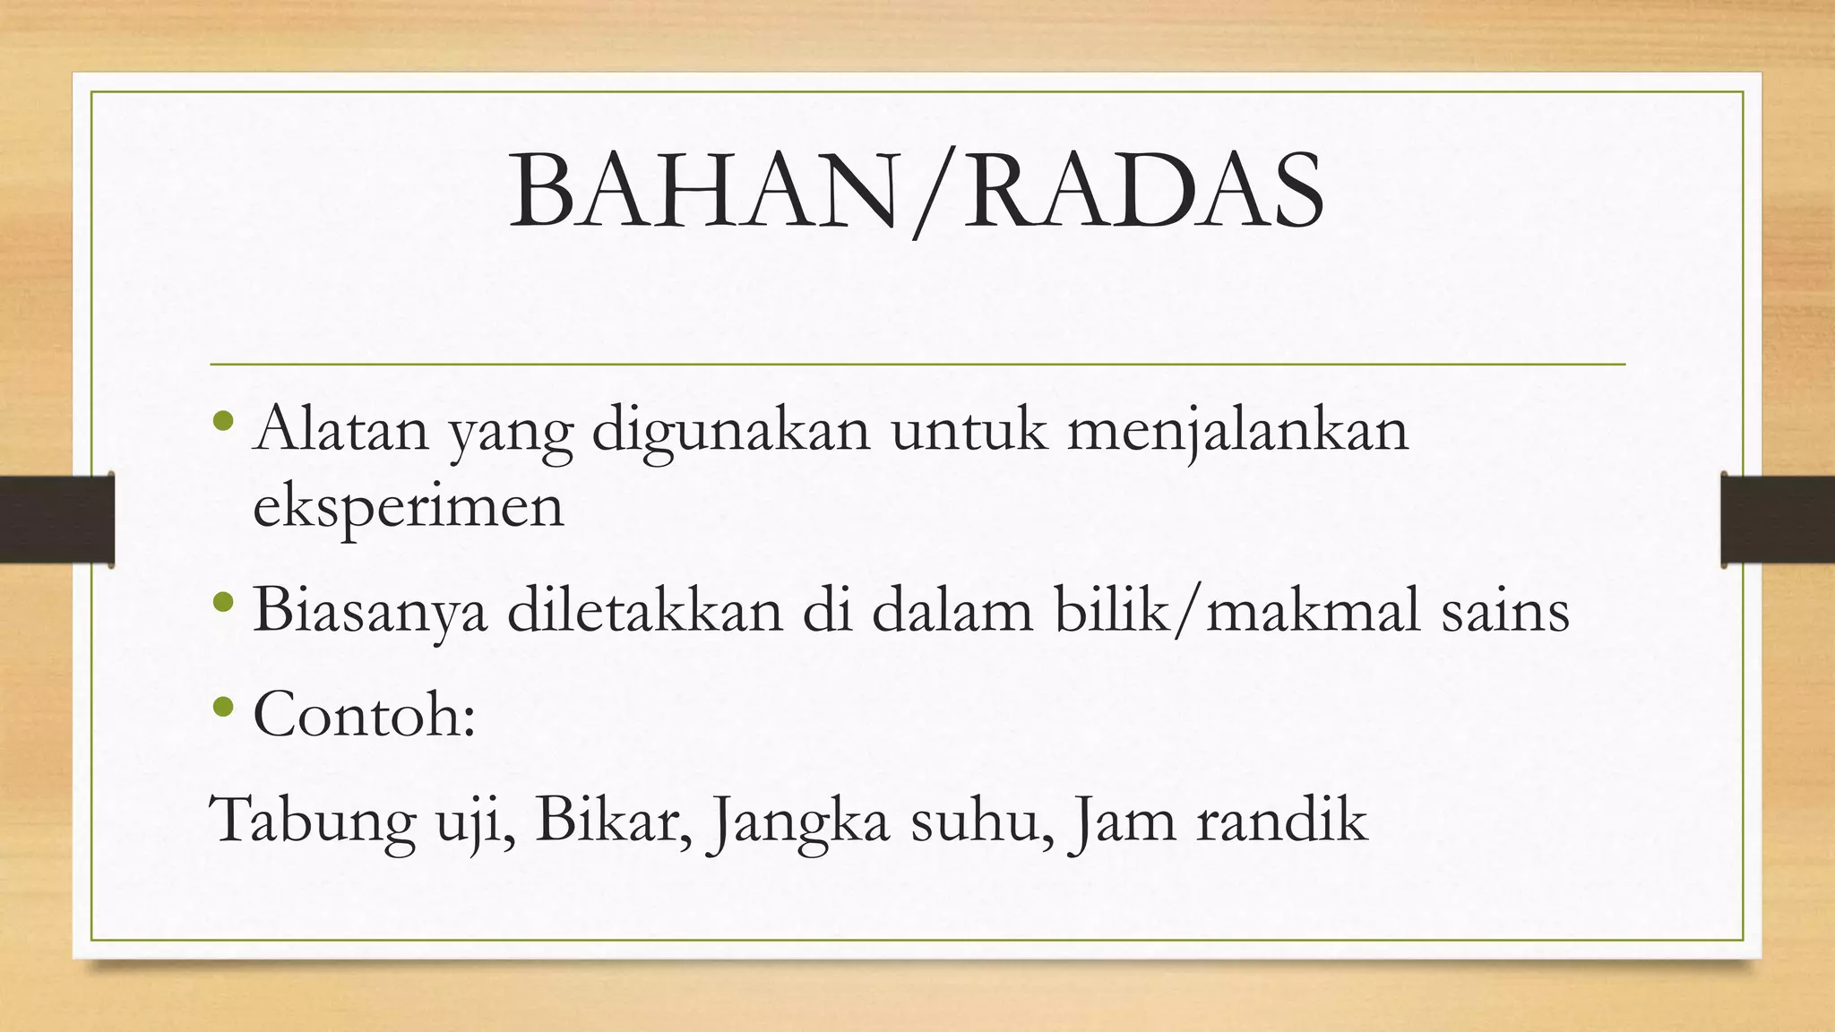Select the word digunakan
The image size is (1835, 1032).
731,430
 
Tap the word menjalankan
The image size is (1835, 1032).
1237,430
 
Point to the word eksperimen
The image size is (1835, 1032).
409,507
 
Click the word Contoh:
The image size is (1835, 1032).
364,714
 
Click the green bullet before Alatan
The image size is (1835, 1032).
224,419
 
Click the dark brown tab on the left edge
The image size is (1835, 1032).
56,520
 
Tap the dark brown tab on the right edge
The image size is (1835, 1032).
1778,520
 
